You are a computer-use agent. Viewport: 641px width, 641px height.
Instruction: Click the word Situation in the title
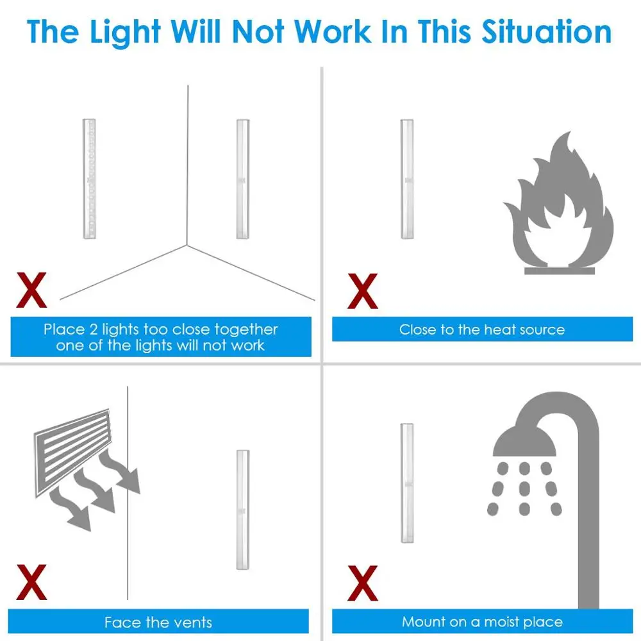click(x=547, y=32)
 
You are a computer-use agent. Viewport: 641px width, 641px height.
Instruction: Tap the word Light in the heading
click(x=125, y=33)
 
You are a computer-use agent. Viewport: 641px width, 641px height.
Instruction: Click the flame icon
click(x=558, y=199)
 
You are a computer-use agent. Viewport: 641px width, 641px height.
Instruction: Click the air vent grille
click(x=73, y=452)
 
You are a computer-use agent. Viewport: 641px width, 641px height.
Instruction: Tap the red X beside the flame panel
click(x=363, y=290)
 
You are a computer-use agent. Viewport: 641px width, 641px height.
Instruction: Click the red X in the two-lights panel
click(x=31, y=290)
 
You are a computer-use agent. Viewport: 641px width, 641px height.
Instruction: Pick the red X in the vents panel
click(x=31, y=582)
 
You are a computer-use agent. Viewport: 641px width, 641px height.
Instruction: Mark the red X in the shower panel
click(x=363, y=583)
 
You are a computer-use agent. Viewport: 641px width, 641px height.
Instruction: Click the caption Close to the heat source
click(x=482, y=329)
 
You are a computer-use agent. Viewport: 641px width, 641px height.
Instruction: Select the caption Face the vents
click(x=158, y=622)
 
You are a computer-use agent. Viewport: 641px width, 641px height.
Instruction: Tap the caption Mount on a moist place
click(x=482, y=622)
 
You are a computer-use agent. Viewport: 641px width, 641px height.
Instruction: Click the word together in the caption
click(x=246, y=329)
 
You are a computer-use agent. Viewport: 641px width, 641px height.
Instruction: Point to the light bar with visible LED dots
click(x=89, y=179)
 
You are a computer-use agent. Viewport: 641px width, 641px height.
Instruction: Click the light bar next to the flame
click(x=407, y=179)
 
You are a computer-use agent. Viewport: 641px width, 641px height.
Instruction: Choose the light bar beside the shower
click(x=407, y=483)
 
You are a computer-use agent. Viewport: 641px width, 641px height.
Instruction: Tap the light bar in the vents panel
click(x=243, y=510)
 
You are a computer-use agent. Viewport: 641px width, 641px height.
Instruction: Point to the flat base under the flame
click(x=559, y=271)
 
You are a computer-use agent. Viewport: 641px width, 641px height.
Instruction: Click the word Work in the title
click(x=332, y=32)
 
